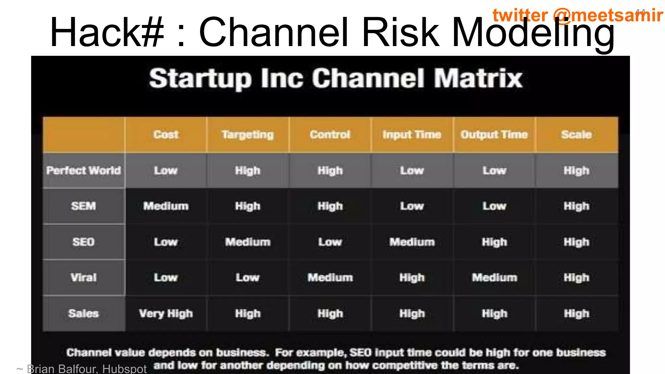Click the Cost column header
[x=166, y=134]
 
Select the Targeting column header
[x=248, y=134]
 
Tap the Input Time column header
[x=412, y=134]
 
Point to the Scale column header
[x=576, y=134]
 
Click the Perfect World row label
[x=83, y=170]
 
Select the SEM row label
[x=83, y=206]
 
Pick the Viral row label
[x=83, y=278]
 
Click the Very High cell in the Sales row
[x=166, y=314]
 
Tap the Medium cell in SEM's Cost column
[x=166, y=206]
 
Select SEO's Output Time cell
[x=494, y=242]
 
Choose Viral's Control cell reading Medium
[x=330, y=278]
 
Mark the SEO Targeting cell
[x=248, y=242]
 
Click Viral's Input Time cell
[x=412, y=278]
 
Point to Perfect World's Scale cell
[x=576, y=170]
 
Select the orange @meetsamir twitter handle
[x=607, y=15]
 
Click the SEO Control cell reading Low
[x=330, y=242]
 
